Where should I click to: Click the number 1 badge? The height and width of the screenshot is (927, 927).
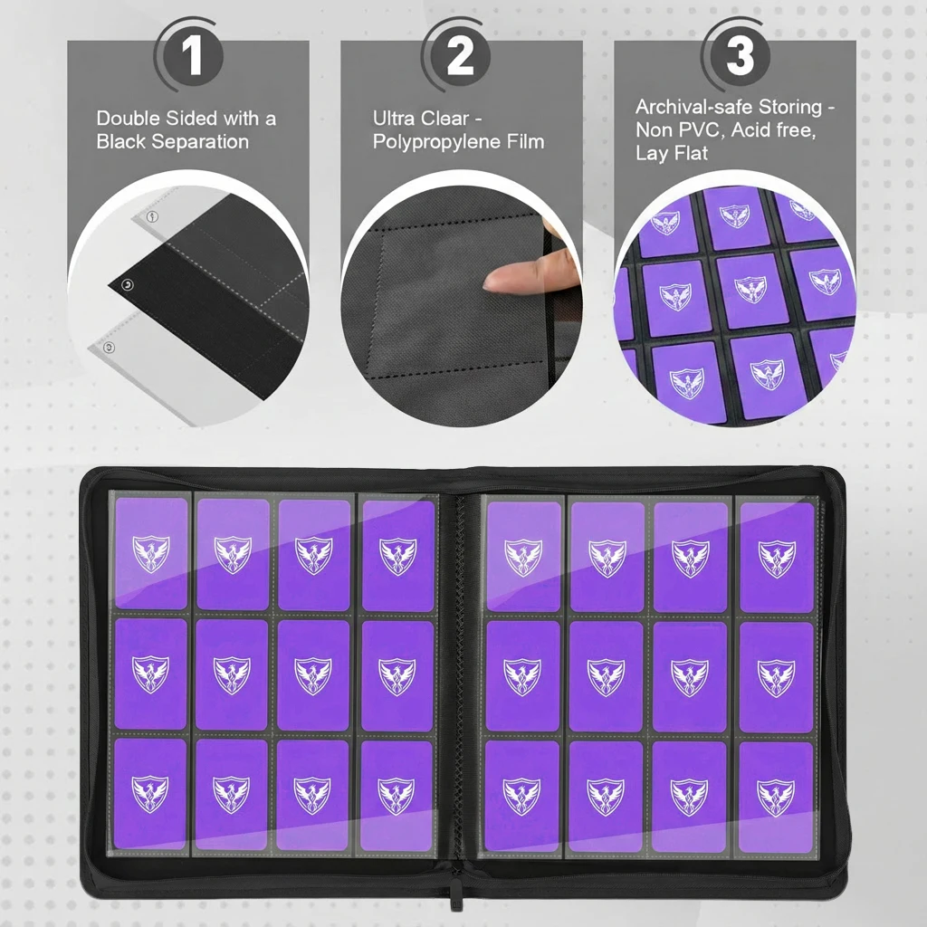point(192,56)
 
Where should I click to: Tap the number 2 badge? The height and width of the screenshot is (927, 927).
point(461,56)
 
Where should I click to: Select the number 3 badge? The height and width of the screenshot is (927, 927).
point(740,56)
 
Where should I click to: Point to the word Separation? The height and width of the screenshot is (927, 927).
point(205,141)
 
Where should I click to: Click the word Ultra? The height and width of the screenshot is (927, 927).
point(397,119)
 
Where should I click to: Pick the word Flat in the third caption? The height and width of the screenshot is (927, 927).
point(690,153)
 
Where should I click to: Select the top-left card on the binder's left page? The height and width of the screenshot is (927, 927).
point(150,553)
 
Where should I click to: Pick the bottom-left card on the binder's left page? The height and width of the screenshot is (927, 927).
point(150,793)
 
